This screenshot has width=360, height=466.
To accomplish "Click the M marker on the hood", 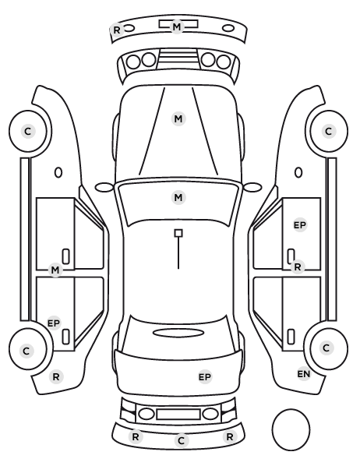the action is (x=178, y=119).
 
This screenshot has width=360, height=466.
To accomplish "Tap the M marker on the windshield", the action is (x=178, y=197).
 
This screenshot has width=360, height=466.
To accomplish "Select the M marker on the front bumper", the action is (x=177, y=26).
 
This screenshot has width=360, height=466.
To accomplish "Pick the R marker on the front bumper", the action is (x=117, y=30).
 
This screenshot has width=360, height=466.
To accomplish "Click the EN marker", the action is (x=304, y=374).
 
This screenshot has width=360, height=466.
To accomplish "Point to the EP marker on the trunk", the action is (x=204, y=377).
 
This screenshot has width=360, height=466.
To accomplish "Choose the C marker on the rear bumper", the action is (x=182, y=441).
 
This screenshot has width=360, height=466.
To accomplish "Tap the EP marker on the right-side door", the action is (x=300, y=225).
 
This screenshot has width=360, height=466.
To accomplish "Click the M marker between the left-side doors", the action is (x=55, y=270).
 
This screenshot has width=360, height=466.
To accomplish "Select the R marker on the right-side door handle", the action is (x=298, y=267).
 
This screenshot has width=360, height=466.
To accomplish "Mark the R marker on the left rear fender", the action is (x=56, y=377).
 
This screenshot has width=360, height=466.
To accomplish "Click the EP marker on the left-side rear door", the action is (x=54, y=323).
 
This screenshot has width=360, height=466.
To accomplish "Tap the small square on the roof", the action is (x=178, y=233).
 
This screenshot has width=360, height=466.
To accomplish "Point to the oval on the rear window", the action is (x=178, y=333).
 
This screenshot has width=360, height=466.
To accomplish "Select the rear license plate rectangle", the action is (x=178, y=415).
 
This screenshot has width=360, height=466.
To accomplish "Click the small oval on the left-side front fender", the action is (x=58, y=173).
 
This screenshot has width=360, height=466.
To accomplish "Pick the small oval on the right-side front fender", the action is (x=298, y=173).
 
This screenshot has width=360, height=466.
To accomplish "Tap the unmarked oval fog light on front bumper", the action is (x=228, y=29).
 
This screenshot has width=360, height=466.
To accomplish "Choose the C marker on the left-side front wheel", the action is (x=28, y=131).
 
